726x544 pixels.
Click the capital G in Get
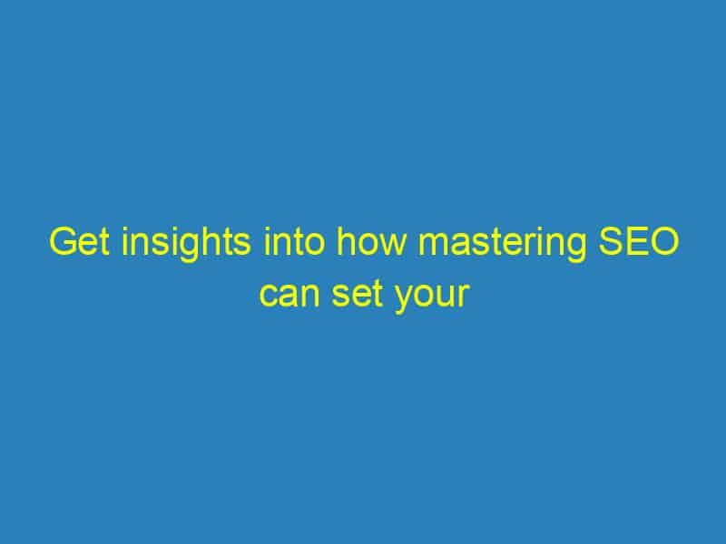tap(60, 245)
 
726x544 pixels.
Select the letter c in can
tap(265, 297)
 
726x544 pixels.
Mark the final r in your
tap(463, 297)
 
